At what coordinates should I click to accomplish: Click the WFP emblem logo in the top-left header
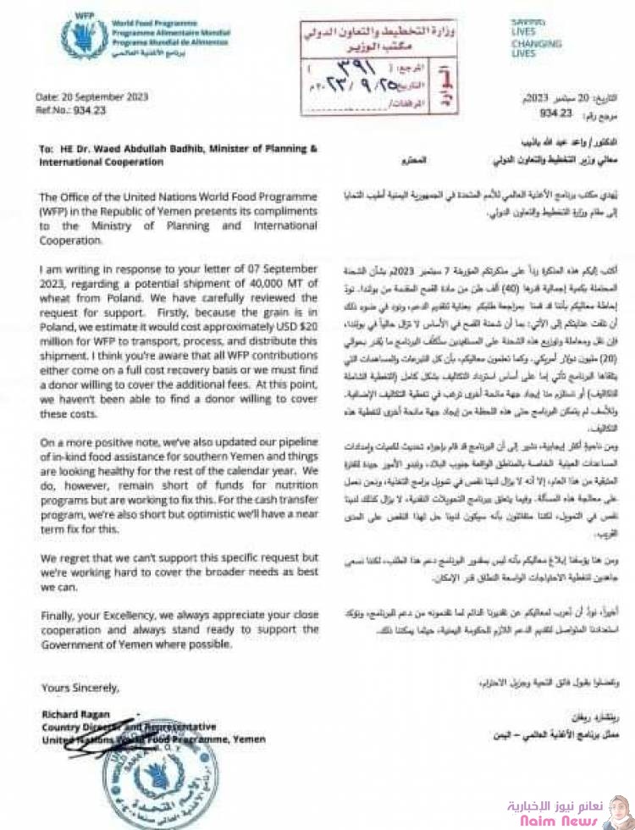click(83, 36)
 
